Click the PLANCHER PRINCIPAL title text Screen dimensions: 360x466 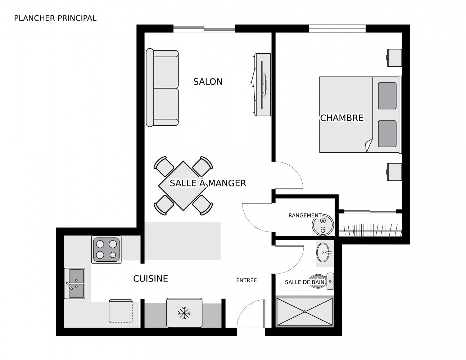tap(55, 18)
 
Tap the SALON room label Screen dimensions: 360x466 tap(208, 82)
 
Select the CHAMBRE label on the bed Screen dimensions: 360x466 tap(341, 118)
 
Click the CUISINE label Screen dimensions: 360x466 tap(150, 278)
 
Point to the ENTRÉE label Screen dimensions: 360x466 tap(246, 280)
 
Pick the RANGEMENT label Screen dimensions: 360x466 tap(304, 215)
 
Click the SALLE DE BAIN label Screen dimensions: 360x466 tap(304, 282)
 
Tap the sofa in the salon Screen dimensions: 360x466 tap(162, 88)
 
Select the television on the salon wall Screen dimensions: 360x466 tap(262, 85)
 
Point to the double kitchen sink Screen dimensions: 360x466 tap(75, 283)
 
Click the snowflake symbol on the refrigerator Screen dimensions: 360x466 tap(184, 313)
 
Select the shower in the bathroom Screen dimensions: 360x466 tap(304, 311)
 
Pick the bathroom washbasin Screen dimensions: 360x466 tap(325, 252)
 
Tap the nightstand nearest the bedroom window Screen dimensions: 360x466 tap(394, 58)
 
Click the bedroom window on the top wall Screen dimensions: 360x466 tap(337, 28)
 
